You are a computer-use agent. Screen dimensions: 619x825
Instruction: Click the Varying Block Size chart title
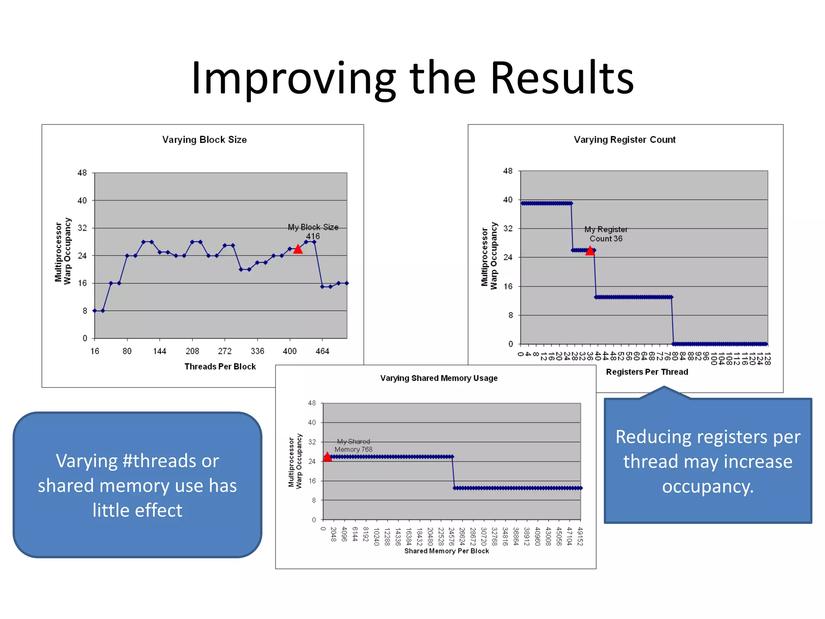pos(204,140)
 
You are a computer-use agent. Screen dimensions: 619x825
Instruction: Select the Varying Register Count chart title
pos(624,140)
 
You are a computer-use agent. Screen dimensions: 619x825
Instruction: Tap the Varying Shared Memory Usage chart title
pos(439,378)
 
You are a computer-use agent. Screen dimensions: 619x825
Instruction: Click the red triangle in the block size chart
pos(298,249)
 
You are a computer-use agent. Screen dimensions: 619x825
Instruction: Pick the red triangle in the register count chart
pos(590,251)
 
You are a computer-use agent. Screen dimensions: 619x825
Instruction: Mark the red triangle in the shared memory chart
pos(328,457)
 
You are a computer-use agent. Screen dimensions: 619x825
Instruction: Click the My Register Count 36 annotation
pos(606,234)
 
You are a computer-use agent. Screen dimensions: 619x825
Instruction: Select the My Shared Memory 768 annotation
pos(353,446)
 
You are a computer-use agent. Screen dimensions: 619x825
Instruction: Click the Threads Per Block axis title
pos(220,367)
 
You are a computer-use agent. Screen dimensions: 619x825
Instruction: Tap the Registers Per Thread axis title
pos(647,372)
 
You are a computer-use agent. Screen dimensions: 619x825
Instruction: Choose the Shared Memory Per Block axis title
pos(446,551)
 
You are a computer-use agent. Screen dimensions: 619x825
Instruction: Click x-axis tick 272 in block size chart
pos(225,351)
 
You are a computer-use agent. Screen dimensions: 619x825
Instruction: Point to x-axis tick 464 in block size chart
pos(322,351)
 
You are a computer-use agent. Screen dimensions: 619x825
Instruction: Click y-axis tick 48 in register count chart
pos(508,171)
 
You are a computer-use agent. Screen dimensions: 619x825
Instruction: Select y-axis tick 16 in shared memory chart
pos(312,481)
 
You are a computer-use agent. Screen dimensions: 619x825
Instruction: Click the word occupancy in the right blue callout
pos(707,486)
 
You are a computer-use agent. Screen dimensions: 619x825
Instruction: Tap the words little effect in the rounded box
pos(137,511)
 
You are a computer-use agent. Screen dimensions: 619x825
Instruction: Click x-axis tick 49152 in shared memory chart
pos(580,536)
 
